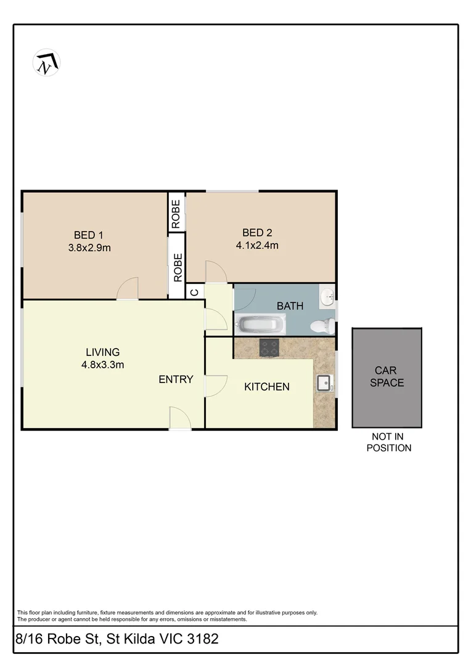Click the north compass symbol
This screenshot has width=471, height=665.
click(x=46, y=63)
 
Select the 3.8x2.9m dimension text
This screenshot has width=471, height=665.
click(x=89, y=248)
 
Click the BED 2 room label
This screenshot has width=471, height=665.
click(x=257, y=232)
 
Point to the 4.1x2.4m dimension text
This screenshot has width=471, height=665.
click(x=257, y=246)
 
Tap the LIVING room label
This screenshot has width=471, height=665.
click(x=102, y=352)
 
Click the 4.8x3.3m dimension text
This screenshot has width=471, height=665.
click(x=102, y=365)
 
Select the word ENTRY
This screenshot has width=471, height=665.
click(x=176, y=379)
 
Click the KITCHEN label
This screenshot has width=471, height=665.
click(x=267, y=387)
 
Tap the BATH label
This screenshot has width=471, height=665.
click(x=290, y=306)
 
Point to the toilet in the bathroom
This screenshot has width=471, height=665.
click(x=322, y=326)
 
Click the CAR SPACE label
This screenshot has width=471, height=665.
click(x=387, y=377)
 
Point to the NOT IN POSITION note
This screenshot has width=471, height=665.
click(x=388, y=443)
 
